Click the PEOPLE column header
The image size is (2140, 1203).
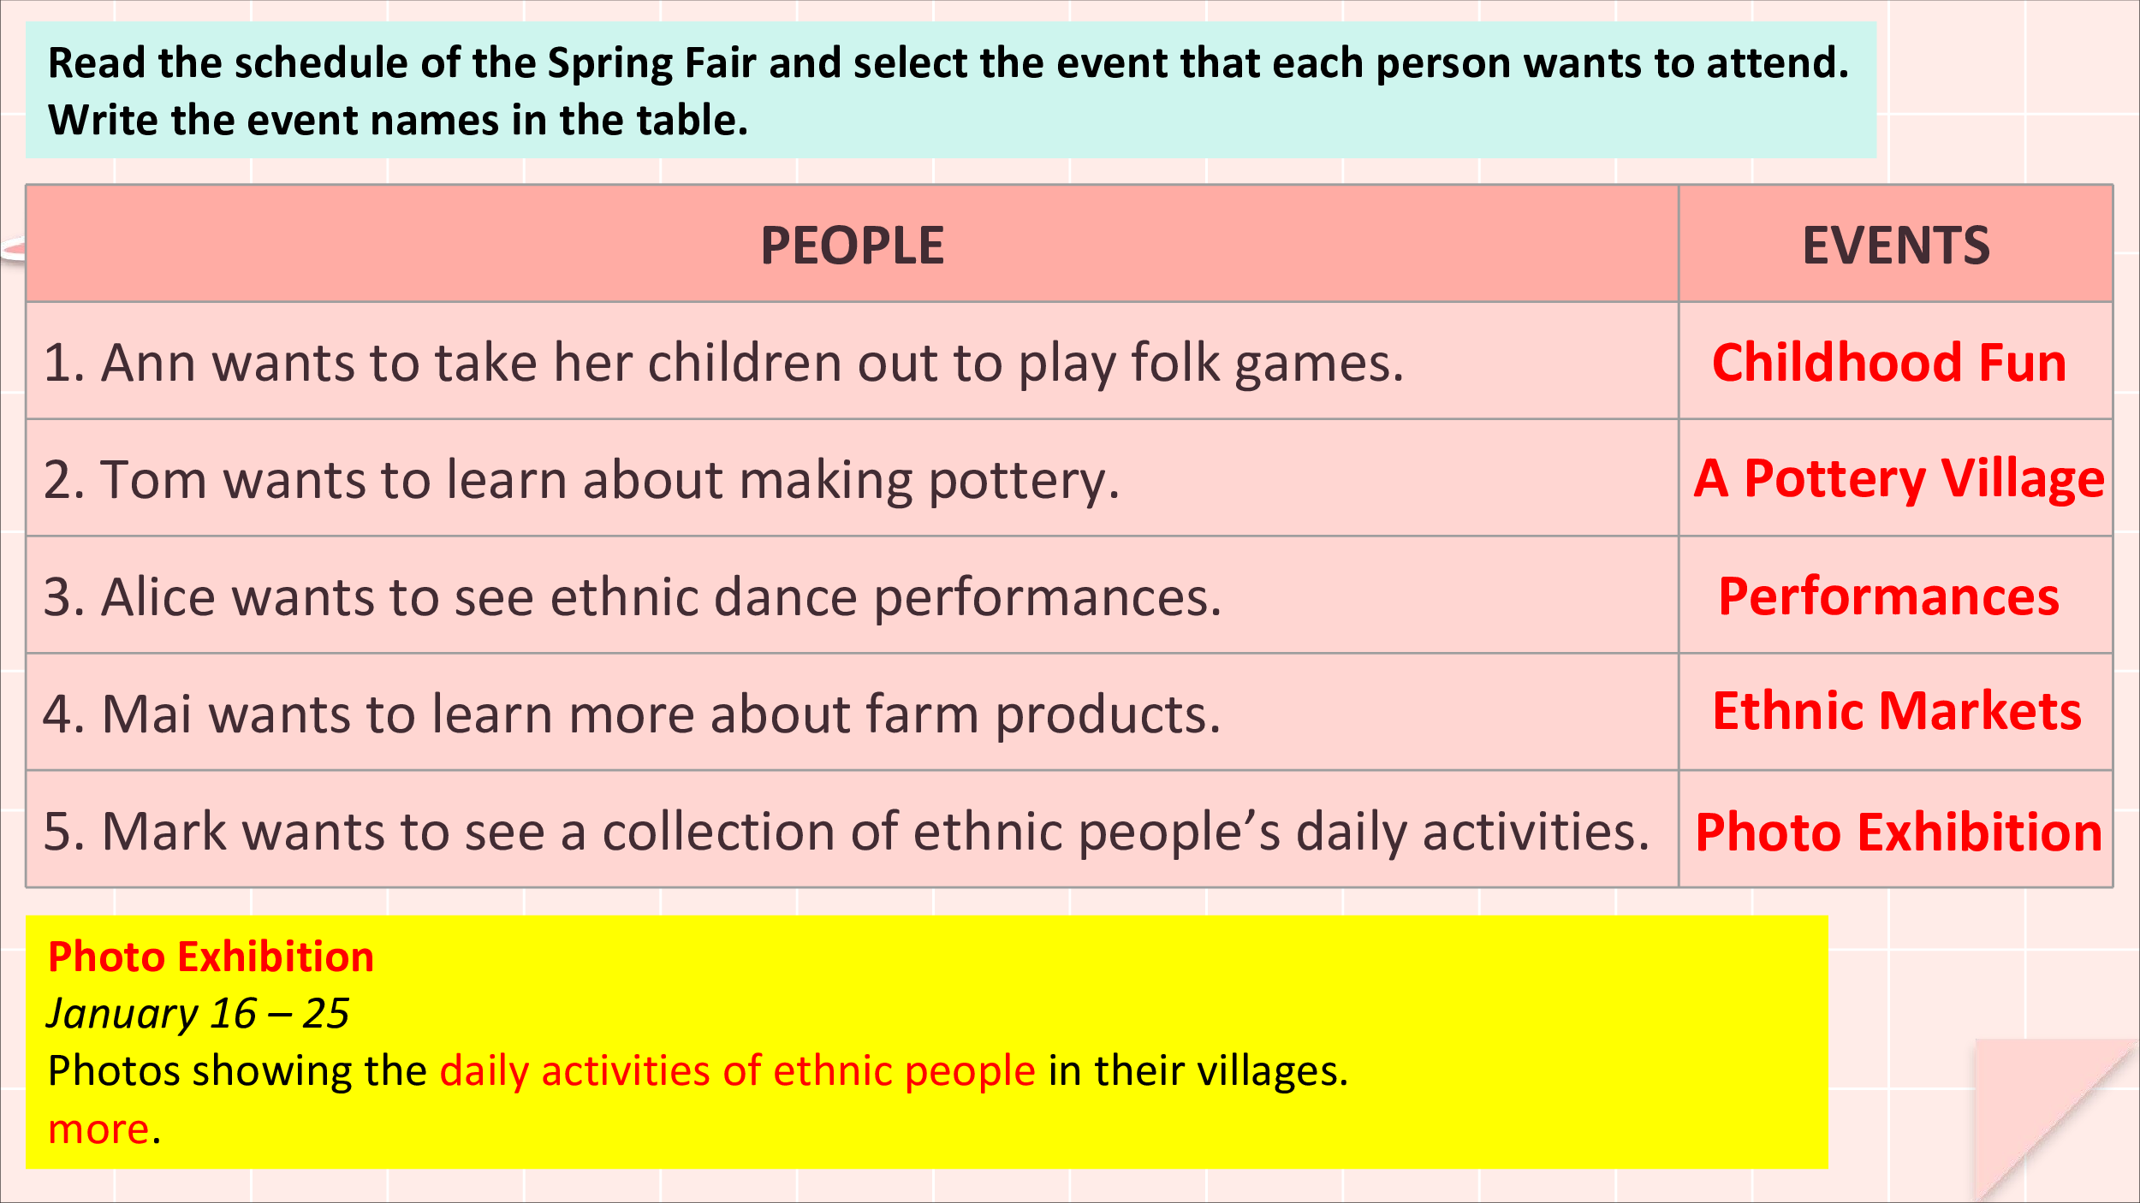click(x=852, y=246)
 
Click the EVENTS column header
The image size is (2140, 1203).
click(x=1896, y=246)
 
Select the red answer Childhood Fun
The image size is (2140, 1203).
click(x=1889, y=362)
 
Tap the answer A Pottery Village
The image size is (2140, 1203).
click(x=1899, y=479)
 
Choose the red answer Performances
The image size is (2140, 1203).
click(x=1888, y=596)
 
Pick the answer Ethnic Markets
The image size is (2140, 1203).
click(x=1897, y=711)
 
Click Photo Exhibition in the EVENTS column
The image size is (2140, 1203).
click(x=1899, y=832)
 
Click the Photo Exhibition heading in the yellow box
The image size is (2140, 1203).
click(x=211, y=956)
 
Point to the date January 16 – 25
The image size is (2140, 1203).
click(x=198, y=1014)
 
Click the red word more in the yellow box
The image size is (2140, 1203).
click(x=98, y=1129)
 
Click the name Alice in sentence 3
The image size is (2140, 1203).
click(x=159, y=596)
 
